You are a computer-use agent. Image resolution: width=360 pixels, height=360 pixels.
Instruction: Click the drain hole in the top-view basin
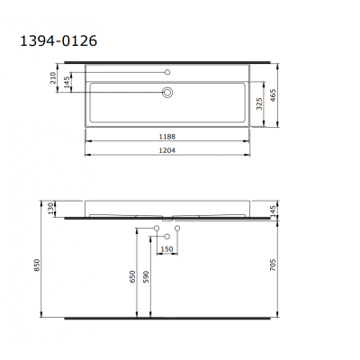(167, 91)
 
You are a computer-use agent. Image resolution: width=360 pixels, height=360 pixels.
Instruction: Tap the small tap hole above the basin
(167, 71)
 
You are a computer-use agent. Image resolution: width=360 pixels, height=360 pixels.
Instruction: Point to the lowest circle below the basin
(167, 237)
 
